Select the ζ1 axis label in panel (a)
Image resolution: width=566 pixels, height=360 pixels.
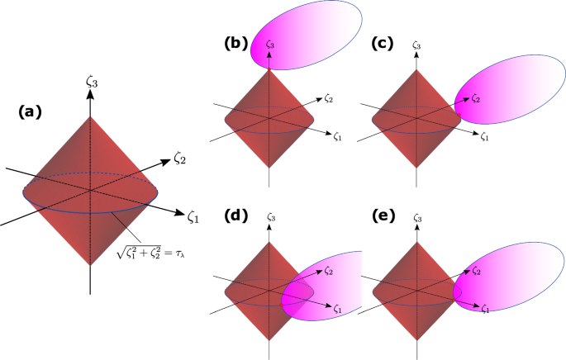[193, 217]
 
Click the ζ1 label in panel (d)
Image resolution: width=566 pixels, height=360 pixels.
[338, 310]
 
